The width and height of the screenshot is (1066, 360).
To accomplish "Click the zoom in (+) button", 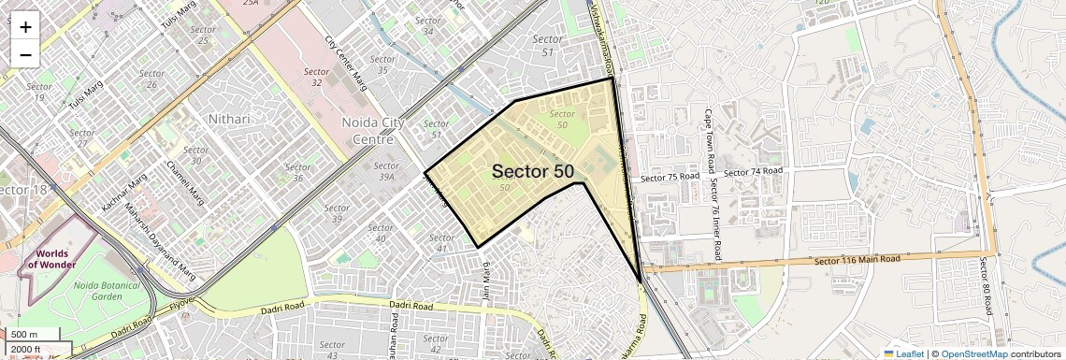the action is [25, 26].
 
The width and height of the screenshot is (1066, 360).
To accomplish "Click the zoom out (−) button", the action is [25, 54].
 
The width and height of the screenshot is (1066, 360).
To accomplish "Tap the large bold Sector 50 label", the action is [532, 171].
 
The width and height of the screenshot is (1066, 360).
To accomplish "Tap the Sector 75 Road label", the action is [670, 177].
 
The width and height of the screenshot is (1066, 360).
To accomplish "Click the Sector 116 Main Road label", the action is [857, 259].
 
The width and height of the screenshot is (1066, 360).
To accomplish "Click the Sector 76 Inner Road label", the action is [716, 220].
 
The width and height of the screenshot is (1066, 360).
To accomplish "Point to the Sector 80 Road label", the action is [985, 286].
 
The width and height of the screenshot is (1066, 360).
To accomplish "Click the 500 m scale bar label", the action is [25, 334].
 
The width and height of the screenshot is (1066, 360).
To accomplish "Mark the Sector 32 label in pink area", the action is [316, 77].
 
